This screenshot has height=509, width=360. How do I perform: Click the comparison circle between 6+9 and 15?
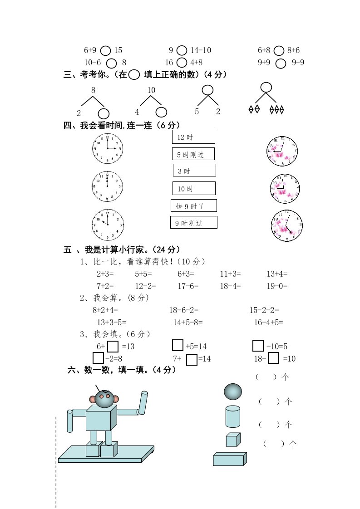point(105,51)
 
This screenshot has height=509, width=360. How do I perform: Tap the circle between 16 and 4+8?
point(182,63)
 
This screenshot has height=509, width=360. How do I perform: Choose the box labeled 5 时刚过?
point(193,154)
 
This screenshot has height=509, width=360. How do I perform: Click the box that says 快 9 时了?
point(194,206)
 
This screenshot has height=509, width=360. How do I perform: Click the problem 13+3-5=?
point(112,323)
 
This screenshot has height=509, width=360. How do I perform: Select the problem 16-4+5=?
point(268,323)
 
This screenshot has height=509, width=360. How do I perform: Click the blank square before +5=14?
point(178,346)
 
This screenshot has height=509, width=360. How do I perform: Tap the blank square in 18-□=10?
point(273,358)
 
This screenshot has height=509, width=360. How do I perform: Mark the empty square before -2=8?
point(98,358)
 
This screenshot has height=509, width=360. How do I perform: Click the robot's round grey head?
point(104,399)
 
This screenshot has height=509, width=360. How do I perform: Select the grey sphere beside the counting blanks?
point(233,391)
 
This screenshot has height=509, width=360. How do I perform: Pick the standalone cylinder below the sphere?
point(232,416)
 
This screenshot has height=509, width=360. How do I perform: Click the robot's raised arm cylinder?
point(143,403)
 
